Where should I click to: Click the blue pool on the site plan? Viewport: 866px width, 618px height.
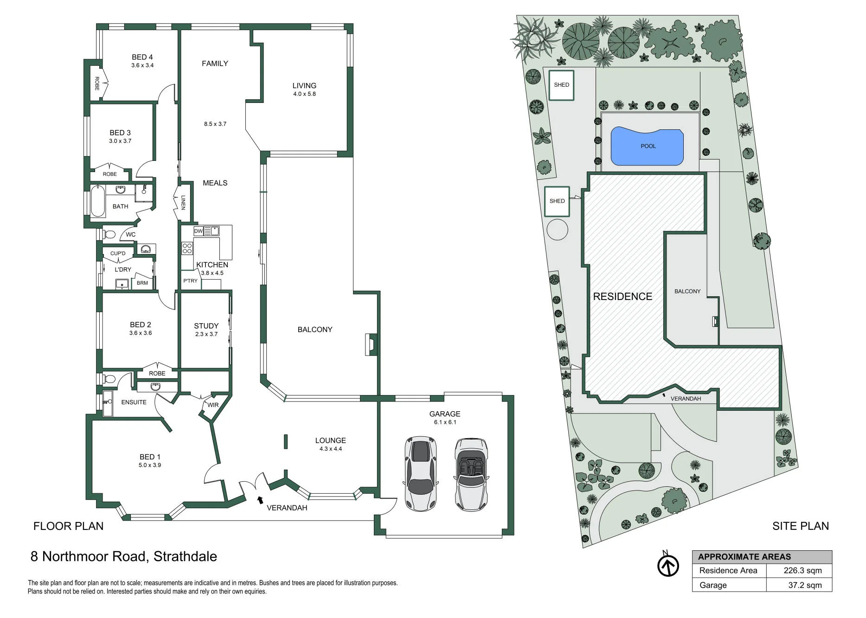[x=648, y=147]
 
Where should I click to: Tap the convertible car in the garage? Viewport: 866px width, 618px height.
[x=471, y=474]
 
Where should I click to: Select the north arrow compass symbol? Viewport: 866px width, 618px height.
[x=668, y=565]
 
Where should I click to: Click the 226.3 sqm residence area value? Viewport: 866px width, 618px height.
[x=802, y=571]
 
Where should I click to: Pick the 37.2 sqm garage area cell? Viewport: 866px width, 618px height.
[x=805, y=585]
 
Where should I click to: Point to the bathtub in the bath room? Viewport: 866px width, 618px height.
[x=98, y=202]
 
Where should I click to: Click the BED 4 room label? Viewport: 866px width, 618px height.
[x=142, y=57]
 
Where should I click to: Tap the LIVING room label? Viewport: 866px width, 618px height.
[x=304, y=86]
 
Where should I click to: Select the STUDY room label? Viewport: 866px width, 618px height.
[x=206, y=326]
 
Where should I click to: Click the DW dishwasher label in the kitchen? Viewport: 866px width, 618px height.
[x=199, y=231]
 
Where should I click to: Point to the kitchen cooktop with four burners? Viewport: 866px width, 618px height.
[x=187, y=248]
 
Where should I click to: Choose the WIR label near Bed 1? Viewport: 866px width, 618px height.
[x=213, y=405]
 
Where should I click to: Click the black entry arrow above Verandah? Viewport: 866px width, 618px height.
[x=260, y=499]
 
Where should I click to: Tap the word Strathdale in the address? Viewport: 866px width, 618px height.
[x=185, y=556]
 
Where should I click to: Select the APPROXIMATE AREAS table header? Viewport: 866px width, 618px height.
[x=744, y=557]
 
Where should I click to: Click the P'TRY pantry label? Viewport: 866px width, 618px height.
[x=190, y=281]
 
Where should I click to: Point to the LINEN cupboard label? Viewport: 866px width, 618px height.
[x=183, y=203]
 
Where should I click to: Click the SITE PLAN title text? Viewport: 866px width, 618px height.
[x=801, y=526]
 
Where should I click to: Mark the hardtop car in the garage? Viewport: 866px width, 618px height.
[x=421, y=473]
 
